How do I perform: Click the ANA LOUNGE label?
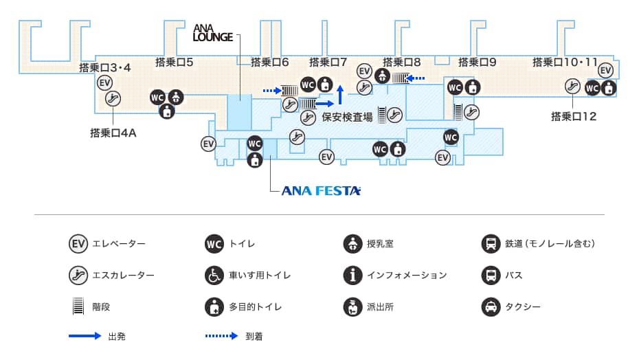point(213,32)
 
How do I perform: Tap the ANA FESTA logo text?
point(321,191)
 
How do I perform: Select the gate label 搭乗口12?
point(574,117)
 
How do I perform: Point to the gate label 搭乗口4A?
point(113,133)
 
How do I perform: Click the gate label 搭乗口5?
point(174,62)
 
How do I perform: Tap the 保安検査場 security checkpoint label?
point(347,117)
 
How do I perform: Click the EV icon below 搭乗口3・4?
point(105,83)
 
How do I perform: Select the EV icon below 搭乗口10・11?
point(605,71)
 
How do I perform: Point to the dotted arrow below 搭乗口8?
point(419,78)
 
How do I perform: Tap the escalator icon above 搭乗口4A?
point(113,99)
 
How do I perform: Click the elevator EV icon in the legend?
point(78,244)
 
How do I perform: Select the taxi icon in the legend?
point(491,306)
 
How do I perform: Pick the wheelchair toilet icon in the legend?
point(214,275)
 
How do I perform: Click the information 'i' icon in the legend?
point(352,275)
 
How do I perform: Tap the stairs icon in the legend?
point(78,306)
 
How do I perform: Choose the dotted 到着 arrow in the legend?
point(222,337)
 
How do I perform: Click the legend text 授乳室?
point(380,244)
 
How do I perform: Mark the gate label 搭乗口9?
point(477,62)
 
